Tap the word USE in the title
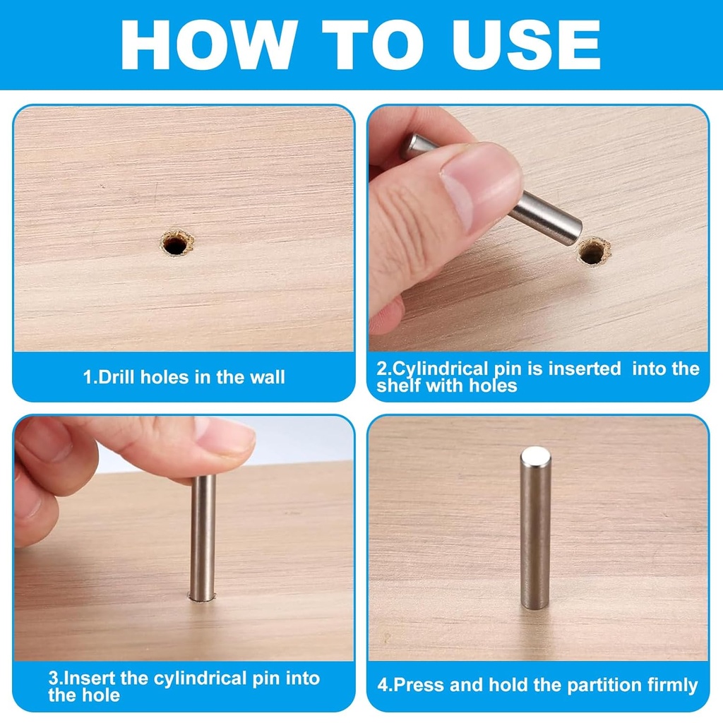(x=526, y=44)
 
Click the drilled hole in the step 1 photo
(x=177, y=243)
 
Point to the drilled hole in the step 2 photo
(x=594, y=251)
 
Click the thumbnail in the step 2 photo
(x=479, y=184)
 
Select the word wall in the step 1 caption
(x=268, y=377)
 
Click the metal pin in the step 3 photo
(x=203, y=537)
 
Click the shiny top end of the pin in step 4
(x=535, y=456)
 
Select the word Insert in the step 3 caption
(x=90, y=679)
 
